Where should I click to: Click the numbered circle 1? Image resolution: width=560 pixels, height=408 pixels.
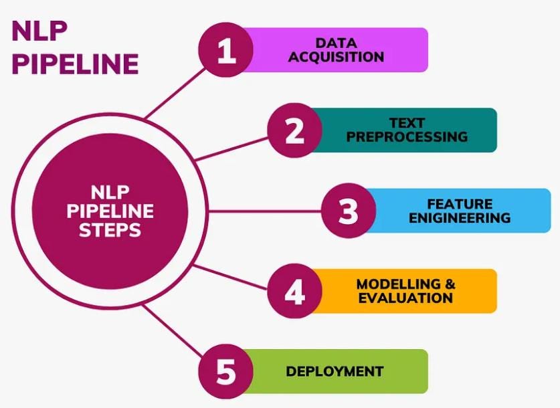click(226, 50)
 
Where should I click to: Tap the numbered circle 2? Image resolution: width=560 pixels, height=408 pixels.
click(294, 130)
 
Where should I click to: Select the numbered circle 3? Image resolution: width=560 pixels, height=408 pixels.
click(349, 211)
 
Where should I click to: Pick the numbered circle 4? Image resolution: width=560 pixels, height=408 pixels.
click(294, 291)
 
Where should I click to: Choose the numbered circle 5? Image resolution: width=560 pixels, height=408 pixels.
click(226, 372)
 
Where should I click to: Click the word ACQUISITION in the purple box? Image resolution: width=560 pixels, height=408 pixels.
click(336, 57)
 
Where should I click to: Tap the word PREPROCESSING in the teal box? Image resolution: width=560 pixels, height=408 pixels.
click(407, 136)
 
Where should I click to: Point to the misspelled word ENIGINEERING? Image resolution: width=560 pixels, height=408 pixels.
click(460, 217)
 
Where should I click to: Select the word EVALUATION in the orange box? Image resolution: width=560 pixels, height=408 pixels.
click(405, 298)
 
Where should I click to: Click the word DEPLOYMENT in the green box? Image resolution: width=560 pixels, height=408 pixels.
click(335, 372)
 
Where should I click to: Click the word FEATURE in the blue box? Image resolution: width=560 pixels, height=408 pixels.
click(460, 204)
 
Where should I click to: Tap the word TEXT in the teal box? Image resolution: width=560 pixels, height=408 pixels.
click(407, 123)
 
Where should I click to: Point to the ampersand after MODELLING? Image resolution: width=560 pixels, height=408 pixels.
click(450, 284)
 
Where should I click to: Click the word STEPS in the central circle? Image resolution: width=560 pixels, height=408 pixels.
click(110, 230)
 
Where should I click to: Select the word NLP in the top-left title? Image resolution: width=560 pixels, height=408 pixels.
click(39, 31)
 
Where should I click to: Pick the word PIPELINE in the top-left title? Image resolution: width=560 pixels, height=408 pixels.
click(76, 64)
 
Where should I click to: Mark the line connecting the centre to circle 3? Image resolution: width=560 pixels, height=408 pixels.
click(265, 211)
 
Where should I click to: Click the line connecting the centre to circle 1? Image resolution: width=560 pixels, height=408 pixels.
click(175, 93)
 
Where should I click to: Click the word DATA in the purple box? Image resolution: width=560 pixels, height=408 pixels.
click(336, 43)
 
